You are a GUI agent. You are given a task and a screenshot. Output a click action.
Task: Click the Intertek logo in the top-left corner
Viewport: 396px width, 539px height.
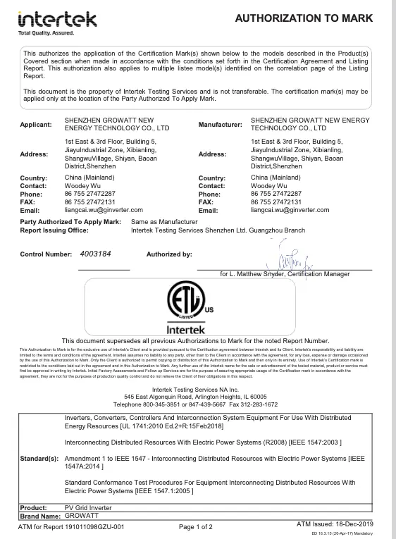click(x=57, y=18)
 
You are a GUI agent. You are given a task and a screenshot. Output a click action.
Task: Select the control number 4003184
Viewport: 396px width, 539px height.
click(x=101, y=253)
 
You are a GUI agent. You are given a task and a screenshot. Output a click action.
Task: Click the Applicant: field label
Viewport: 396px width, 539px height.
click(x=36, y=125)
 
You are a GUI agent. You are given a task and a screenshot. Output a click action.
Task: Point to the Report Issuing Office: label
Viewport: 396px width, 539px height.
click(x=58, y=230)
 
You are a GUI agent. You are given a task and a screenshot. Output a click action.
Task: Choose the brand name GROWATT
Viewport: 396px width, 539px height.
click(x=80, y=516)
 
